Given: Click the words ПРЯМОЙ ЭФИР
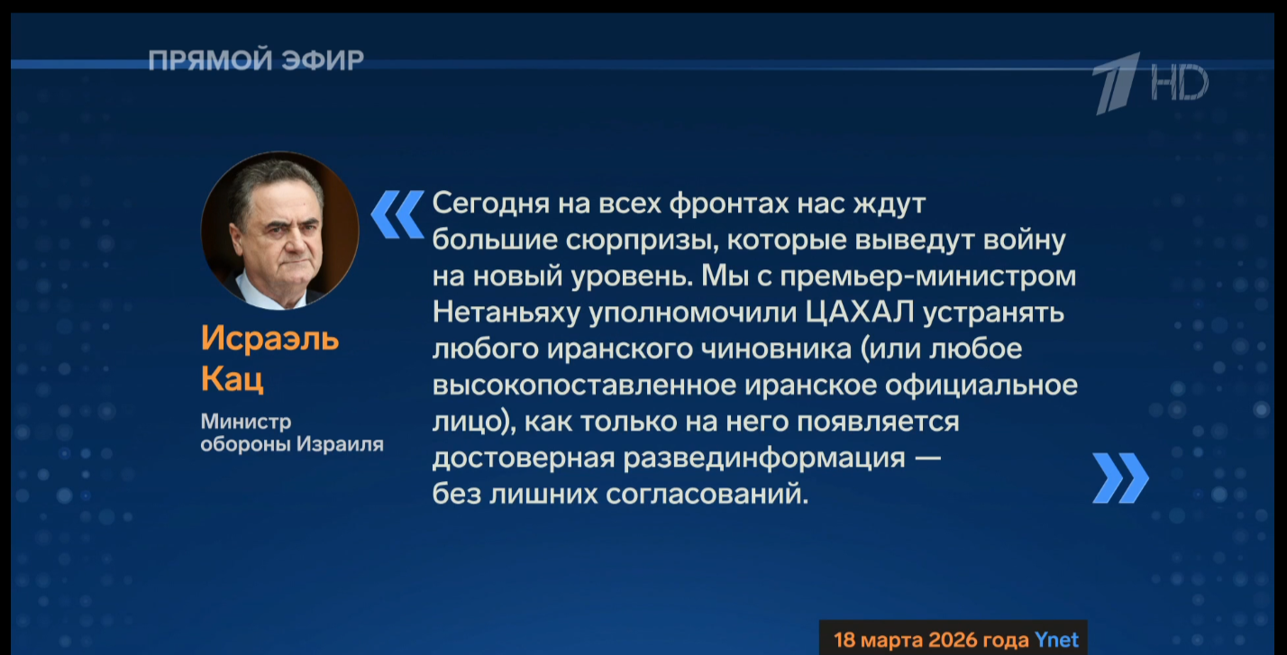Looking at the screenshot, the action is coord(256,60).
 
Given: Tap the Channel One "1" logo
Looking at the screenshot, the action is coord(1118,83).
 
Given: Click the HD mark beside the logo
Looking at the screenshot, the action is coord(1180,82).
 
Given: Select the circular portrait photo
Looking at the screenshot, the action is coord(279,230).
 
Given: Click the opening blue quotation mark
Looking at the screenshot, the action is coord(397,214).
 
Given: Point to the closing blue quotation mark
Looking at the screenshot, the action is coord(1120,478).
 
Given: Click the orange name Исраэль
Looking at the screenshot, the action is coord(270,339).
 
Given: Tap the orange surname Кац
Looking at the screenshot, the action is coord(233,378).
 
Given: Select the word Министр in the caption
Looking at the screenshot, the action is coord(246,422).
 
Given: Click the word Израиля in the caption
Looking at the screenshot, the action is coord(340,444).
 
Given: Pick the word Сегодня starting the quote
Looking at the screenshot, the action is coord(490,204).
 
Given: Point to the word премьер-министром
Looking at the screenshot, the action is coord(928,277).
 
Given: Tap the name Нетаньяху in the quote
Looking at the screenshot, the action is coord(507,314).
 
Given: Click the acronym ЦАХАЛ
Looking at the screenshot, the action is coord(860,314).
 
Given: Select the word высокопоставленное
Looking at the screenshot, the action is coord(584,386).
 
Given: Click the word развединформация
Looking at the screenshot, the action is coord(764,459).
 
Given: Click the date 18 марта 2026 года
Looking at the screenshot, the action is coord(931,640).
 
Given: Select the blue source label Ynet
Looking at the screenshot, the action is coord(1056,640).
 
